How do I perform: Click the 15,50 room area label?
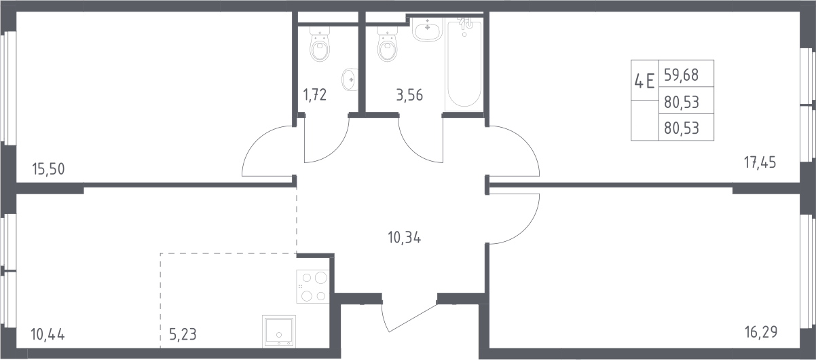click(x=48, y=169)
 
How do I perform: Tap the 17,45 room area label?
click(x=760, y=162)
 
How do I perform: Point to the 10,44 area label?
click(x=48, y=334)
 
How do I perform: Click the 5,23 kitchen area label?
click(x=183, y=334)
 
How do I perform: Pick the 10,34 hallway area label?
click(x=405, y=238)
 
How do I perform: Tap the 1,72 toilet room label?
click(x=315, y=94)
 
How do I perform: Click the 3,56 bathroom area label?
click(x=409, y=95)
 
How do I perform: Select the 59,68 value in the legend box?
click(x=681, y=75)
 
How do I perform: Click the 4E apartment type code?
click(x=644, y=81)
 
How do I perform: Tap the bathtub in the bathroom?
click(x=464, y=66)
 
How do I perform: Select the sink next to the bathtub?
click(x=428, y=29)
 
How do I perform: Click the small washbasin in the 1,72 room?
click(x=350, y=79)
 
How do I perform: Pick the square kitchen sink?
click(x=279, y=331)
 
